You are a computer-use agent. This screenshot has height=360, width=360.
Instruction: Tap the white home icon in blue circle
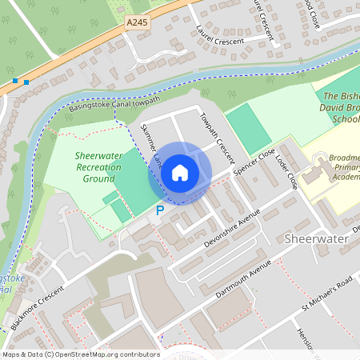click(180, 173)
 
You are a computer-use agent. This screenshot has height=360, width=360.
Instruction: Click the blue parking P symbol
click(159, 210)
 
